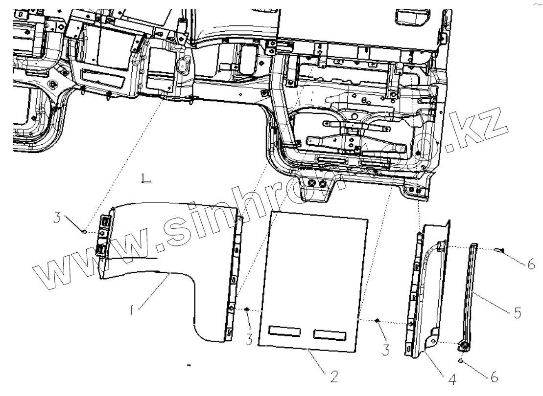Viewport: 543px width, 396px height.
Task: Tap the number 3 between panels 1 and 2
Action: [249, 339]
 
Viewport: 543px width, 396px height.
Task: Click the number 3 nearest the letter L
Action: [57, 217]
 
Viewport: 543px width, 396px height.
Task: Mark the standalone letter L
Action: [146, 178]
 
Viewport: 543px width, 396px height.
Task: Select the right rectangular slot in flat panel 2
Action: [331, 334]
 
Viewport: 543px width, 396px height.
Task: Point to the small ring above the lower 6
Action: [461, 361]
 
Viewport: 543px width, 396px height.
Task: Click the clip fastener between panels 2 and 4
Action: [378, 320]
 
